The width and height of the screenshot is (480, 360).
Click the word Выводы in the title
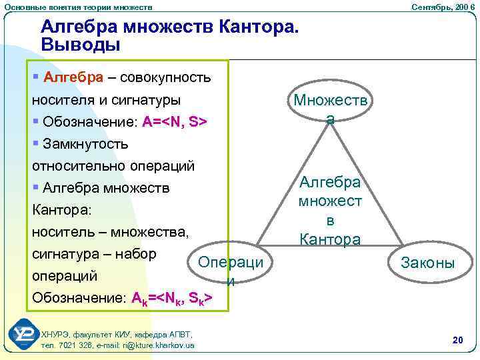point(81,45)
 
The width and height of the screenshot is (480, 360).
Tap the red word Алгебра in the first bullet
point(73,78)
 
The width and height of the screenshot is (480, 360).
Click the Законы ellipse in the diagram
point(427,263)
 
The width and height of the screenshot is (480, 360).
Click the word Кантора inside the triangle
point(330,239)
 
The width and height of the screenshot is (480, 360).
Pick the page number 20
point(457,341)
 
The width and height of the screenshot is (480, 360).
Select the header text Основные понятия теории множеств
point(78,6)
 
